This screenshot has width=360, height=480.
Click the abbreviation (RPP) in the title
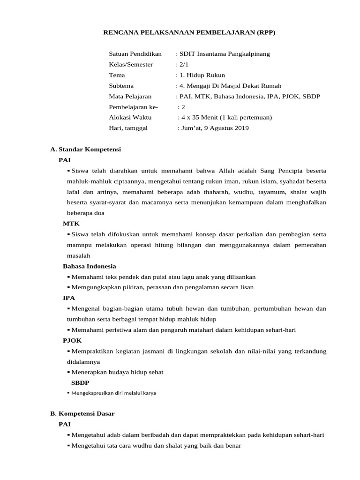[x=264, y=32]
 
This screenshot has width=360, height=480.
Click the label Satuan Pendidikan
[x=135, y=53]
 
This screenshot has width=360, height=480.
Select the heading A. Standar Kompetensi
[x=85, y=149]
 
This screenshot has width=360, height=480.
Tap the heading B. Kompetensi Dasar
[x=82, y=413]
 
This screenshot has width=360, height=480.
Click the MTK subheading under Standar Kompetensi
[x=71, y=224]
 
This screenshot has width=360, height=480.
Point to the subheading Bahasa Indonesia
[x=90, y=266]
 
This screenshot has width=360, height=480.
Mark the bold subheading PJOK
[x=72, y=341]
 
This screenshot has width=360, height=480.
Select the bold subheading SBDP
[x=80, y=382]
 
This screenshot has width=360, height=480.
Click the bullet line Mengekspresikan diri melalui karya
[x=114, y=393]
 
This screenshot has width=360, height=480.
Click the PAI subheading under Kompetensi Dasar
[x=65, y=424]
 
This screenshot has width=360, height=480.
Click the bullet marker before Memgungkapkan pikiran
[x=69, y=287]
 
